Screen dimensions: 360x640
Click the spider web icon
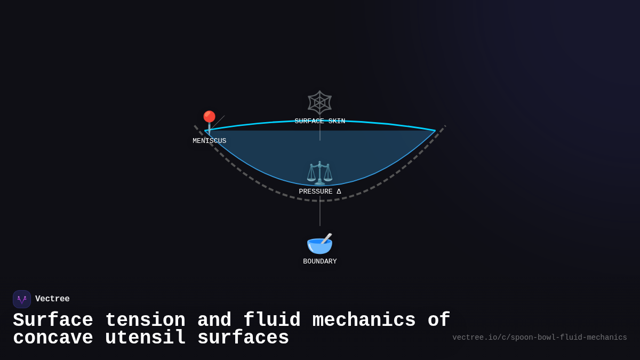point(320,102)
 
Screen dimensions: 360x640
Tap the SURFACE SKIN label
point(320,122)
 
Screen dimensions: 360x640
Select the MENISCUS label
point(210,141)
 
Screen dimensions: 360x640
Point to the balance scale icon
point(319,173)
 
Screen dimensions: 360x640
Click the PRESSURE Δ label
point(320,192)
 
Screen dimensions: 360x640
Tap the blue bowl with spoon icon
point(319,244)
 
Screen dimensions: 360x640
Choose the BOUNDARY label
point(320,262)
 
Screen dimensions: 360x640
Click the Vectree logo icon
point(22,299)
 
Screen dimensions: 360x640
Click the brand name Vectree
point(52,299)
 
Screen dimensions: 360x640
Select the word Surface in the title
point(53,321)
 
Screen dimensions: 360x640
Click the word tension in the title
point(145,321)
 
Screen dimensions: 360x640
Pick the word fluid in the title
point(272,321)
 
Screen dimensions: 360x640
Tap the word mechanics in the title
point(364,321)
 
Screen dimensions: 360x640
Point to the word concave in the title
point(53,338)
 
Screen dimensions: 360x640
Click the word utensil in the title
point(145,338)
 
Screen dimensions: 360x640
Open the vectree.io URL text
point(540,338)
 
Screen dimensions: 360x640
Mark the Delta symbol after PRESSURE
point(339,192)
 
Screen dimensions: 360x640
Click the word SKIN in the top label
point(337,122)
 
